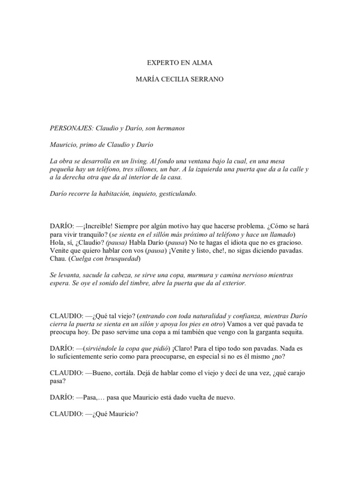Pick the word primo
[92, 144]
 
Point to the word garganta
[264, 332]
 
